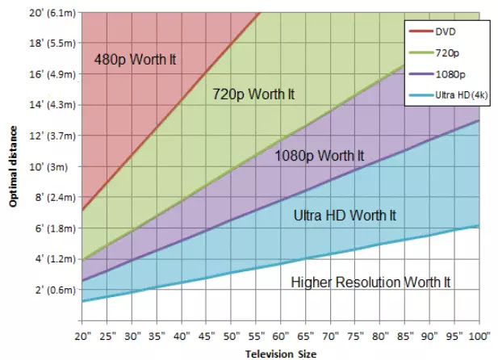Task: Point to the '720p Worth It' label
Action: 253,94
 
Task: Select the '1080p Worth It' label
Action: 319,155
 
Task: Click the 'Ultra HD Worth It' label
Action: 345,216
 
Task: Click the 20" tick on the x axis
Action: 82,334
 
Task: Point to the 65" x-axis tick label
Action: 306,334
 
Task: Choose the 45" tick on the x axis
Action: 206,334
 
